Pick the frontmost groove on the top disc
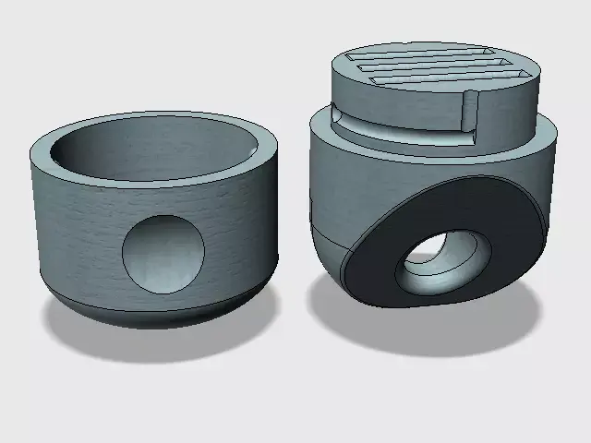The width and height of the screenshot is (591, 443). point(434,84)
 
